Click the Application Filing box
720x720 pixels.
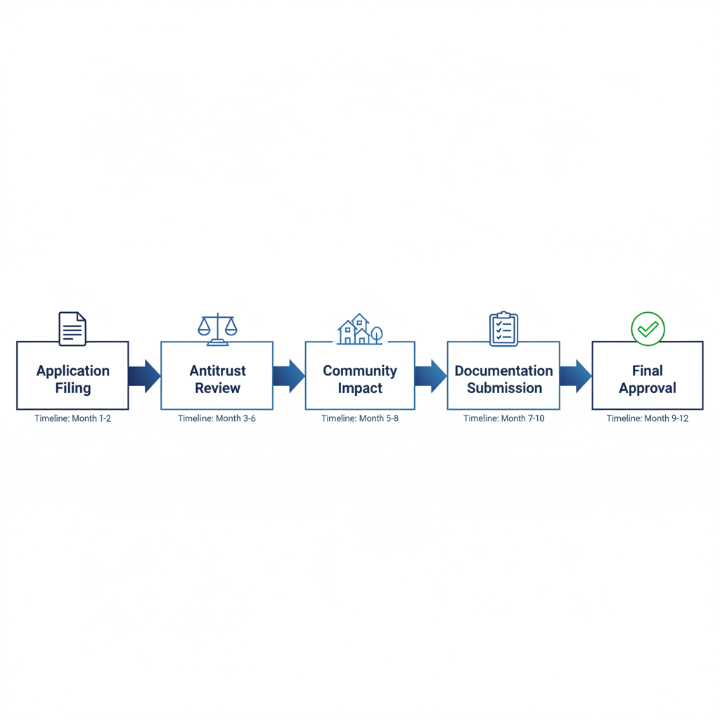[x=72, y=375]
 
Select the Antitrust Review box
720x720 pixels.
[x=217, y=375]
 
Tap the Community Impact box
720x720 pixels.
[x=360, y=375]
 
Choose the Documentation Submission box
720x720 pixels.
[x=503, y=375]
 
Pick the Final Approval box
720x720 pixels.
[x=647, y=375]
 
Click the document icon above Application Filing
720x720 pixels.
[x=72, y=328]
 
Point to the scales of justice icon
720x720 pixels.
[x=217, y=329]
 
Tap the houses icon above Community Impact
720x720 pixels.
[x=360, y=329]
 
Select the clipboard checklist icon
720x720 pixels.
[x=503, y=329]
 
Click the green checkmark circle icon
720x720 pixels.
[x=648, y=328]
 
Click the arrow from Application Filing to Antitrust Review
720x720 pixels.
[x=145, y=375]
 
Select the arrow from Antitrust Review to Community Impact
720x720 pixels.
[x=288, y=375]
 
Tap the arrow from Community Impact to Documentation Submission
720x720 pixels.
[x=431, y=375]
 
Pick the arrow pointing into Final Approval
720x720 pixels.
[x=575, y=375]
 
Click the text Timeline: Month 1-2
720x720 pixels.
[x=72, y=418]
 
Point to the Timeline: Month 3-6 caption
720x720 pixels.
[x=217, y=418]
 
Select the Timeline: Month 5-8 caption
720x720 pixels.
[x=360, y=418]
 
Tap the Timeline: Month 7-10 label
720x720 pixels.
[x=503, y=418]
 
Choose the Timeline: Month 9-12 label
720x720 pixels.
[x=647, y=418]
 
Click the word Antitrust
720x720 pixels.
[x=217, y=371]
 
